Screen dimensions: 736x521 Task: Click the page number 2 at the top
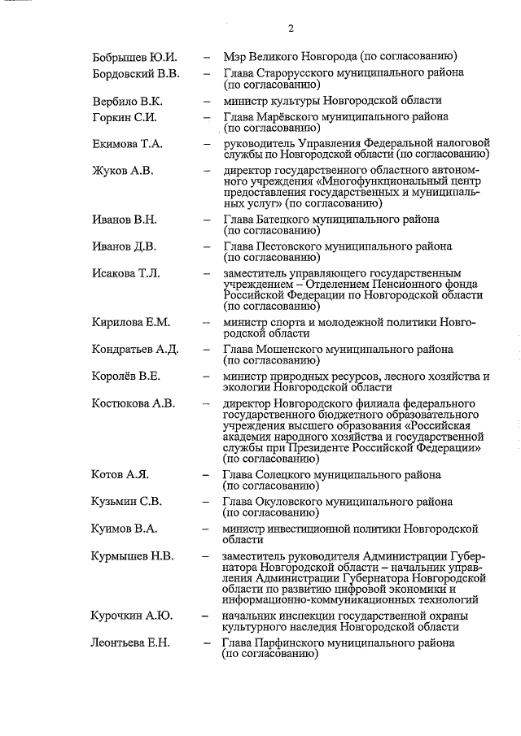291,30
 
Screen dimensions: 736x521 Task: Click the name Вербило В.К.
127,101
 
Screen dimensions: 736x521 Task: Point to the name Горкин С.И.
124,117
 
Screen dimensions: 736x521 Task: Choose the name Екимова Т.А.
128,144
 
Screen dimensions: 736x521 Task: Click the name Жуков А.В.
122,171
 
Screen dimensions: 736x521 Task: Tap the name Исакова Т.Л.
126,273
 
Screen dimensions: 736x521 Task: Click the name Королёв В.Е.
126,377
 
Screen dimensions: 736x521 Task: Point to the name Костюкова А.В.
134,403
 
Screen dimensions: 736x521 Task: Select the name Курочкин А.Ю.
130,616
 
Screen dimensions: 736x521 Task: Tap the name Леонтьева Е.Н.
130,643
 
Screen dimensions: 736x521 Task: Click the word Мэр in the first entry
236,57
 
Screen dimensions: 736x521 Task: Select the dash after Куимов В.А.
208,529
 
